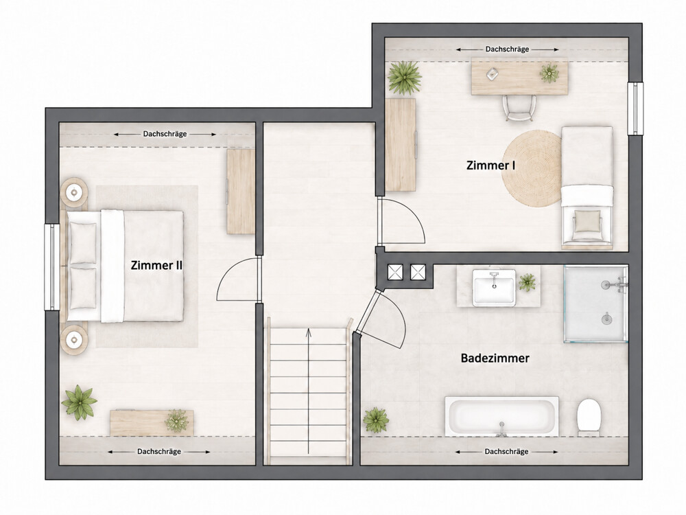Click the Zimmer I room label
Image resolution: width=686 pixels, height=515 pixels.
(490, 165)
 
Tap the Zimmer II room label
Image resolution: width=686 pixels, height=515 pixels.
(156, 265)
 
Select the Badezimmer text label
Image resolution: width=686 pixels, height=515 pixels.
(495, 358)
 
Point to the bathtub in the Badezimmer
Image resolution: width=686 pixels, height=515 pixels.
(502, 416)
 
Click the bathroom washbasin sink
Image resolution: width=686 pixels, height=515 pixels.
(494, 287)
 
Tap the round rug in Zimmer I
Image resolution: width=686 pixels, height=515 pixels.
(532, 169)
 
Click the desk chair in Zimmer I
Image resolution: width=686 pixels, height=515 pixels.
(519, 108)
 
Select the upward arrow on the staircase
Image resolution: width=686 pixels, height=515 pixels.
(309, 391)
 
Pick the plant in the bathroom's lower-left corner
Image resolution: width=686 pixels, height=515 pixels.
(376, 419)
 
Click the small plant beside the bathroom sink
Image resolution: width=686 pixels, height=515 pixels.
(527, 282)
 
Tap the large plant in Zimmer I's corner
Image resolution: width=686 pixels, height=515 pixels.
(404, 78)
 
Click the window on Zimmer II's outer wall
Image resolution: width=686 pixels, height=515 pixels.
(52, 267)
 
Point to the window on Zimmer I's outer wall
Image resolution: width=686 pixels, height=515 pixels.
(635, 108)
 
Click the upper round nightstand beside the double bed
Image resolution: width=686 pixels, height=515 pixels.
(75, 192)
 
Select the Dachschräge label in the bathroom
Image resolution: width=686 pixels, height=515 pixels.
(506, 452)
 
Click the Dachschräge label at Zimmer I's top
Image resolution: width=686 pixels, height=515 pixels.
(507, 49)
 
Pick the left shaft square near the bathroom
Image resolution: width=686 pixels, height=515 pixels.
(396, 273)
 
